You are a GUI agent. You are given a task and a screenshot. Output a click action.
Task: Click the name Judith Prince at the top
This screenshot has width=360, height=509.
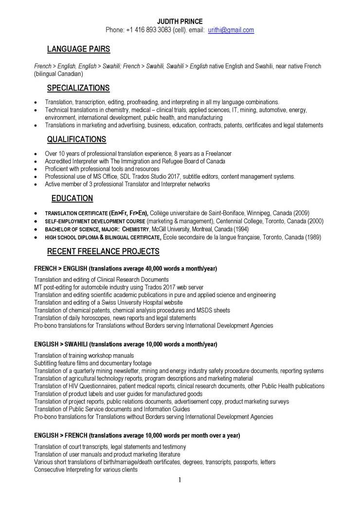pos(180,21)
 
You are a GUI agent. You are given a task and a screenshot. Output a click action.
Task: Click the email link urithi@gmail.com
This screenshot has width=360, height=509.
pos(231,30)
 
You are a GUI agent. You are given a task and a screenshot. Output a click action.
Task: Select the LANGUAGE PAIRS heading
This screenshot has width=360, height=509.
pos(78,49)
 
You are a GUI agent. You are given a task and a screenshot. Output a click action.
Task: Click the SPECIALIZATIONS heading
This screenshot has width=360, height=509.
pos(78,88)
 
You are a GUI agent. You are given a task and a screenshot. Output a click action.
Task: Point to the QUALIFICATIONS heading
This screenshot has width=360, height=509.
pos(76,140)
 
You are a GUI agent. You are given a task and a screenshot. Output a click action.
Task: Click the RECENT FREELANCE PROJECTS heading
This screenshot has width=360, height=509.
pos(103,252)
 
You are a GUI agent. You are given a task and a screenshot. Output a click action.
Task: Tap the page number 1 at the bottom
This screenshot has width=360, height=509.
pos(180,480)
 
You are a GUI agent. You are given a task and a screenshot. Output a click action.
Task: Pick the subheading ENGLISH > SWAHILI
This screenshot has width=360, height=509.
pos(61,344)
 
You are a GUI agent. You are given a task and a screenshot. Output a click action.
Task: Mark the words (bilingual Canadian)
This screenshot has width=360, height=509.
pos(59,74)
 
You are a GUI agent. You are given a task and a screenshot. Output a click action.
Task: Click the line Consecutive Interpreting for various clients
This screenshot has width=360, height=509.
pos(86,470)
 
